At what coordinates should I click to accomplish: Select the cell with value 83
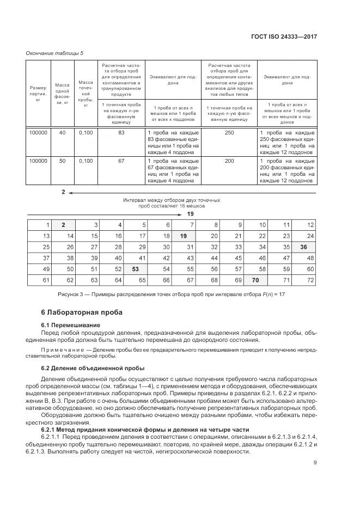pyautogui.click(x=122, y=133)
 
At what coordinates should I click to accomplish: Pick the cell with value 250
pyautogui.click(x=230, y=133)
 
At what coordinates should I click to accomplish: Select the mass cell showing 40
pyautogui.click(x=62, y=133)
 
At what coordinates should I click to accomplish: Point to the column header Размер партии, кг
pyautogui.click(x=38, y=93)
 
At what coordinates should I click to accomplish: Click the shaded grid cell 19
pyautogui.click(x=184, y=236)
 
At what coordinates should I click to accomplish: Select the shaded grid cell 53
pyautogui.click(x=136, y=269)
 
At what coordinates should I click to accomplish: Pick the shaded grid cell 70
pyautogui.click(x=255, y=280)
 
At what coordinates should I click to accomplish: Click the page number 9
pyautogui.click(x=315, y=463)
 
